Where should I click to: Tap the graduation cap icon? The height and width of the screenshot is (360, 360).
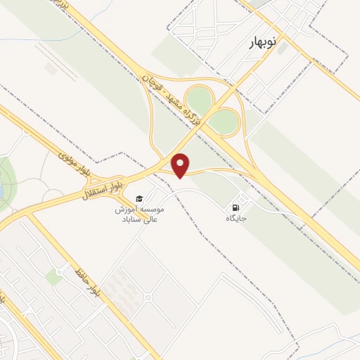[139, 198]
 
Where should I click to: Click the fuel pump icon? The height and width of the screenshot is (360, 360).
[236, 207]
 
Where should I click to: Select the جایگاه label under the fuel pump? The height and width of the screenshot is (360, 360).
[236, 219]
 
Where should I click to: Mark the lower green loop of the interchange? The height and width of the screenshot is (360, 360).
[224, 122]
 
